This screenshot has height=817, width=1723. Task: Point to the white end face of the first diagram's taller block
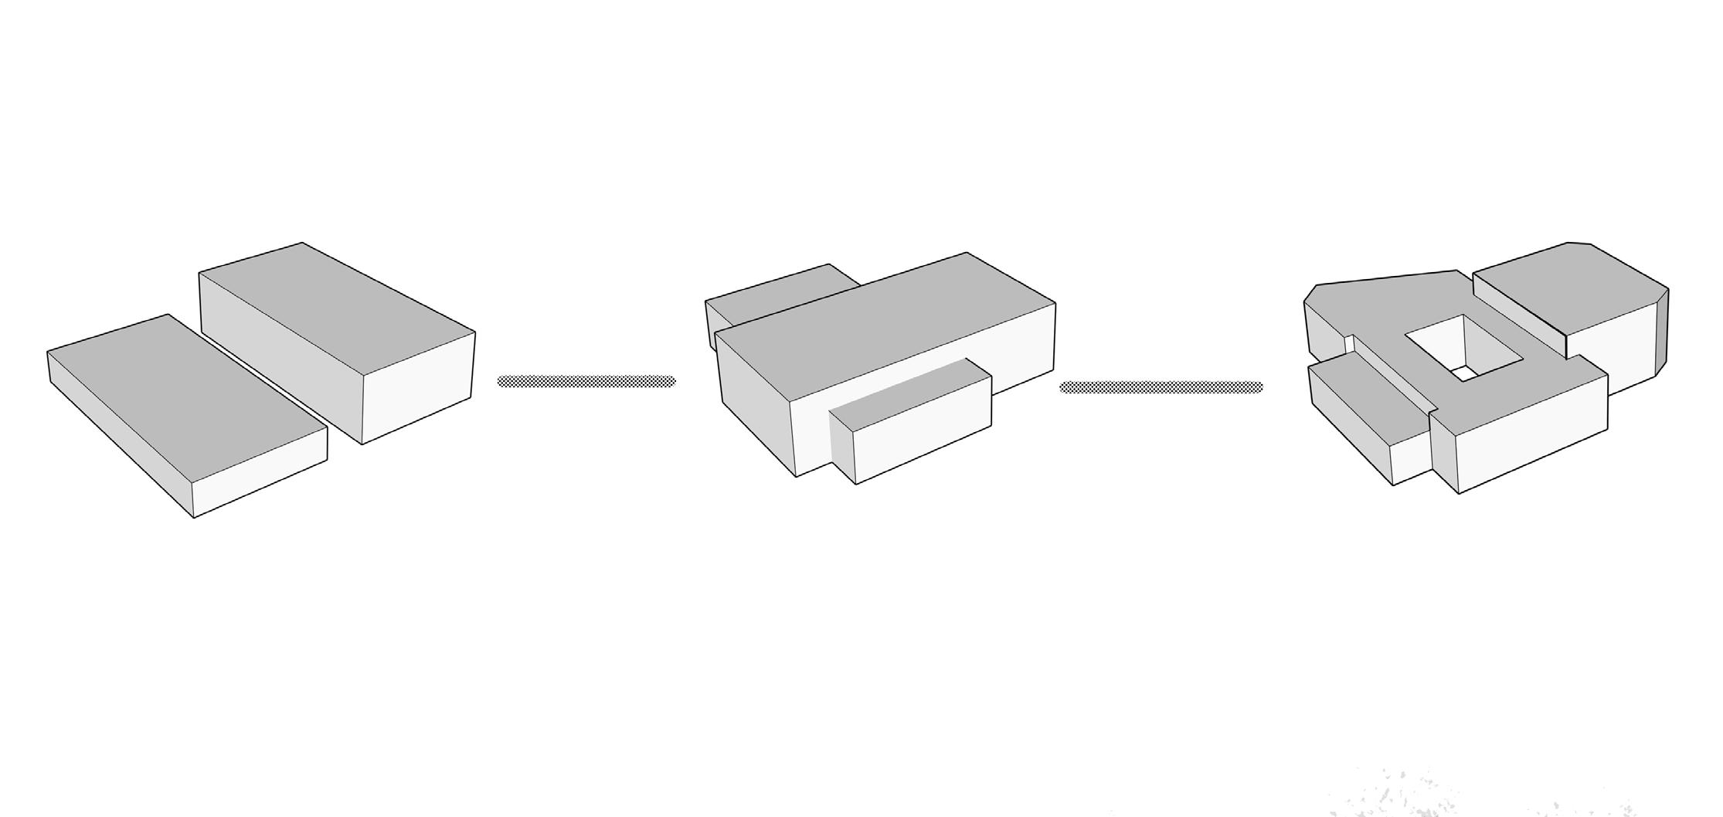click(x=418, y=386)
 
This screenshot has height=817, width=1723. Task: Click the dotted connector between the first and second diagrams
click(x=586, y=381)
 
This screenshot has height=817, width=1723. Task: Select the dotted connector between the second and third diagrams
click(x=1161, y=387)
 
